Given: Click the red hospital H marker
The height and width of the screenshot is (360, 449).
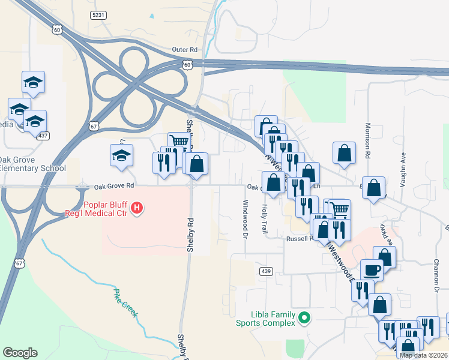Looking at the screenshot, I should click(137, 208).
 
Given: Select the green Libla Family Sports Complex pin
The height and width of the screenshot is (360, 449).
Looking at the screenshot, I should click(304, 317).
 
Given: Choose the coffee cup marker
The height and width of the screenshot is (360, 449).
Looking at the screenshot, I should click(372, 269).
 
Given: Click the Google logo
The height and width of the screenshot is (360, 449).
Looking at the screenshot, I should click(20, 353).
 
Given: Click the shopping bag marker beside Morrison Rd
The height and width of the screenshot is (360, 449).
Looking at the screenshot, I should click(345, 154).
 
